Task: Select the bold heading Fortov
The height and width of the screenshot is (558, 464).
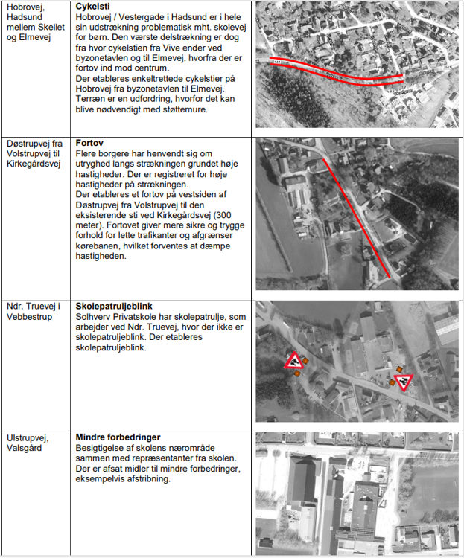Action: click(x=90, y=143)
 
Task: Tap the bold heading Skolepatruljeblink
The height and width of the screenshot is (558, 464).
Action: click(x=115, y=306)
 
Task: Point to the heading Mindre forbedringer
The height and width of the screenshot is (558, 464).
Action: click(x=118, y=437)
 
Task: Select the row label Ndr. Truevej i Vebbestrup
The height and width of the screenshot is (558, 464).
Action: click(x=33, y=311)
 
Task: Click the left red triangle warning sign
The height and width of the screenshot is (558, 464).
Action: click(x=294, y=362)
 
